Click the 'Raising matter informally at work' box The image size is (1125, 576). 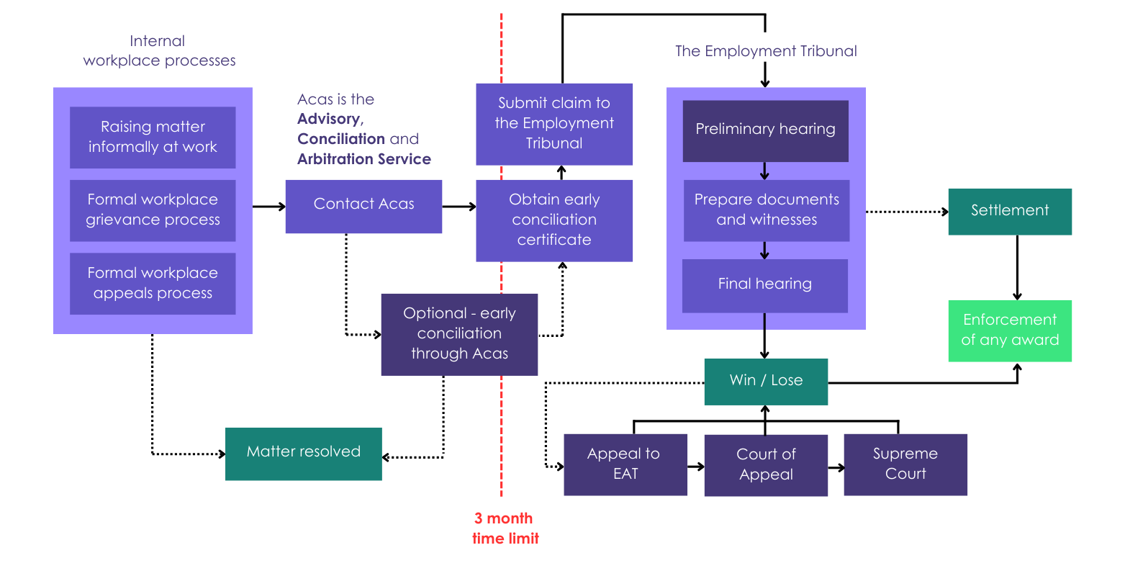pos(153,137)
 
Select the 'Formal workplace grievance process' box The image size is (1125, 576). pos(153,210)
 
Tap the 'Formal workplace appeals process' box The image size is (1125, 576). pos(153,283)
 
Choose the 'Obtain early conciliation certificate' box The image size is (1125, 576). pos(554,220)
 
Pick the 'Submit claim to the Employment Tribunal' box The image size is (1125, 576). pos(554,124)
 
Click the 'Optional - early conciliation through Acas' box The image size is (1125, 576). pos(459,334)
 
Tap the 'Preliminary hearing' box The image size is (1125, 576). pos(765,130)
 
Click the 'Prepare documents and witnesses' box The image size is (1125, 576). pos(766,210)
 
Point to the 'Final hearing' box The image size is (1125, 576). pos(764,285)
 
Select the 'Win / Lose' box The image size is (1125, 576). pos(766,382)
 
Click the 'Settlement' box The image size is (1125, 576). pos(1010,212)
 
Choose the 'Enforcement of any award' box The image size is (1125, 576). pos(1010,330)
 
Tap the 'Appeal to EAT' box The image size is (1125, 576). pos(625,464)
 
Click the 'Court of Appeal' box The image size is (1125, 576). pos(766,465)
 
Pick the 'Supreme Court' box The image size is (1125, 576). pos(905,464)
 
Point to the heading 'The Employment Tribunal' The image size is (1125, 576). pos(766,51)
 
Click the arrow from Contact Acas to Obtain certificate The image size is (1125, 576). pos(458,207)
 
